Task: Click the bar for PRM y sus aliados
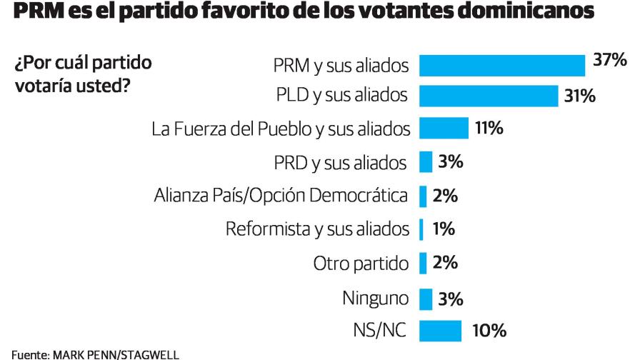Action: (x=501, y=65)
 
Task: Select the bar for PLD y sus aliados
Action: (x=488, y=95)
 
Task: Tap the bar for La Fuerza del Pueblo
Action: (x=443, y=129)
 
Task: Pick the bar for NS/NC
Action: (x=440, y=331)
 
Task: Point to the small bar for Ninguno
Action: (x=426, y=298)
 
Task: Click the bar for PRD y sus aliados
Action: (x=426, y=162)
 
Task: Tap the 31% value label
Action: (x=579, y=96)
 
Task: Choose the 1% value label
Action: (x=444, y=229)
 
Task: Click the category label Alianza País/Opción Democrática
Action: (x=281, y=195)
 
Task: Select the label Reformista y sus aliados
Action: (x=317, y=229)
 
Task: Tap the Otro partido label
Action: (x=361, y=263)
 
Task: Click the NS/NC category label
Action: (x=381, y=331)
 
